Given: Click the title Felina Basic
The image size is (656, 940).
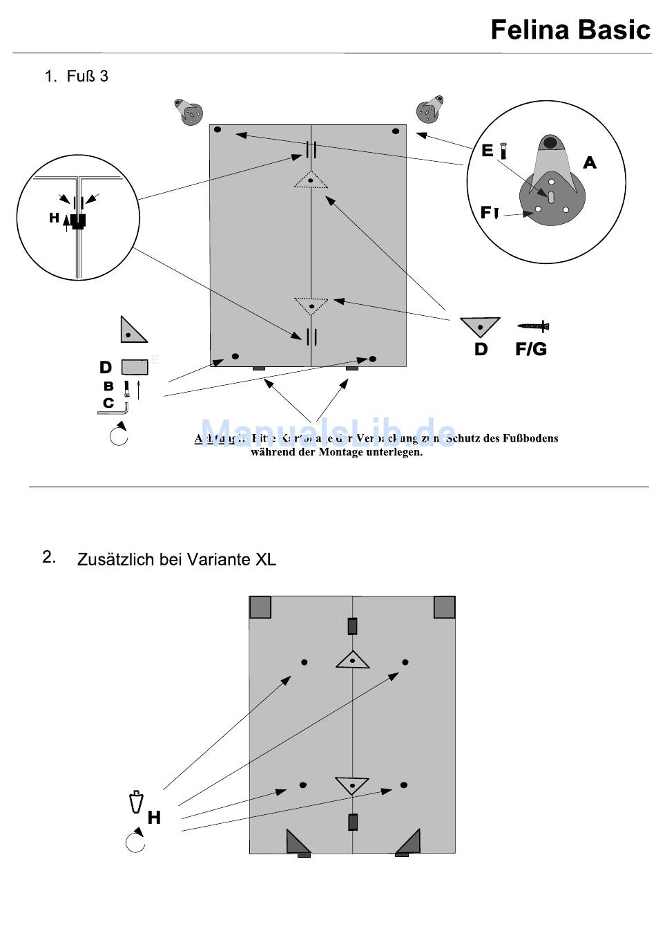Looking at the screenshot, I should [x=570, y=30].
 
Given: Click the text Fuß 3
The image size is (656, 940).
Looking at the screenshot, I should [x=87, y=76].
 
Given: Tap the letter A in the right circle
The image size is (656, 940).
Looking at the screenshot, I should [x=589, y=162].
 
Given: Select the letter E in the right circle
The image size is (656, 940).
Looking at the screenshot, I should [x=488, y=150].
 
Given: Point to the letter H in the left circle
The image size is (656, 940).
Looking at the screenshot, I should [x=55, y=218].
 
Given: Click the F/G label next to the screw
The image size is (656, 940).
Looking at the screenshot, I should [x=530, y=349].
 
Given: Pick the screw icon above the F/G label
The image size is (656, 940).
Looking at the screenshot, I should [x=533, y=326].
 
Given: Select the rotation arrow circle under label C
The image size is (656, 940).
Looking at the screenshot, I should [x=119, y=436].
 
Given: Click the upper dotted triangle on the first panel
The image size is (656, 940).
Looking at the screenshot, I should [x=311, y=180].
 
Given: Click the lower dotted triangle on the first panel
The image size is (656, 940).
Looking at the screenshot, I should [x=311, y=305].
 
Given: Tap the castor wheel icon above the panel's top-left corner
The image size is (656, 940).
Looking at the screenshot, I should [x=188, y=112].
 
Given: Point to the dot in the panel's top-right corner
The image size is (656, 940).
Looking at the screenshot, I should [x=396, y=131].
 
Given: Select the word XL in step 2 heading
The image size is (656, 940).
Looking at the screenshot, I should [x=265, y=559].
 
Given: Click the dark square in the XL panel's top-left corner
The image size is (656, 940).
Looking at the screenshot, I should [x=260, y=607].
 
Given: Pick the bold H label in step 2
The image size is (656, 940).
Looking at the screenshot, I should [x=154, y=818].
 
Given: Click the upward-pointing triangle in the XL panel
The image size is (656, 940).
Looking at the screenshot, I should [x=352, y=660].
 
